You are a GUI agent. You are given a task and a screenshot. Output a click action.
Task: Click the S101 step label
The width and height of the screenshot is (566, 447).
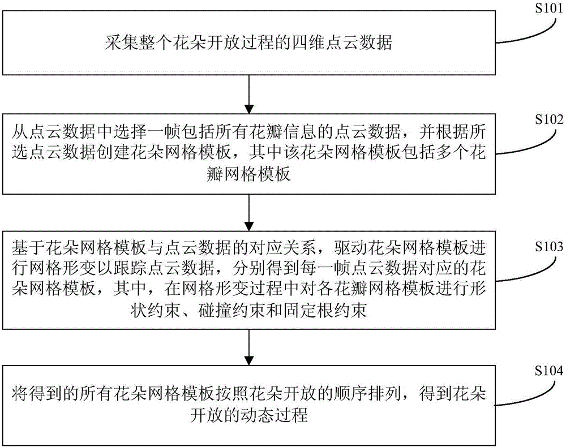(x=548, y=7)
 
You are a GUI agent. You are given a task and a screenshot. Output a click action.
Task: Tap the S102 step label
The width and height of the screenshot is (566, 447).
(x=548, y=119)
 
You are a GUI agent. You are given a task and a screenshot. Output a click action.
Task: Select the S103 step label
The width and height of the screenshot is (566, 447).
(x=548, y=246)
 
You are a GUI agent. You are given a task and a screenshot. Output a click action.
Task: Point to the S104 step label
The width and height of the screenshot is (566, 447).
(x=548, y=371)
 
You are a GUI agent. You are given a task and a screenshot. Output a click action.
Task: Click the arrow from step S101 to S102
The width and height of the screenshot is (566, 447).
(x=249, y=94)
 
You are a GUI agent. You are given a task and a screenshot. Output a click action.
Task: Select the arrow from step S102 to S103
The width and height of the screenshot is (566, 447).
(x=249, y=213)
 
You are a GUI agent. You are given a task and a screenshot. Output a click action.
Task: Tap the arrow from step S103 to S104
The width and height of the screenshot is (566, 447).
(x=249, y=347)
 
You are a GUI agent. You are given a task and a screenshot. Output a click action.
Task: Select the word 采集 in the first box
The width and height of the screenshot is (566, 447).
(x=122, y=42)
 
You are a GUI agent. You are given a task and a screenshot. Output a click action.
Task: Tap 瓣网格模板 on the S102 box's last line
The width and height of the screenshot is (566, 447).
(x=249, y=174)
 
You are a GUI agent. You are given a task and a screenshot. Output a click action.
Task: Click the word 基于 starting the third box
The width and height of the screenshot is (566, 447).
(x=28, y=248)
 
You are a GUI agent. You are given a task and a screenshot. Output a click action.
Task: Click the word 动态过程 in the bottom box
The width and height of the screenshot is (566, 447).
(x=275, y=415)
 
